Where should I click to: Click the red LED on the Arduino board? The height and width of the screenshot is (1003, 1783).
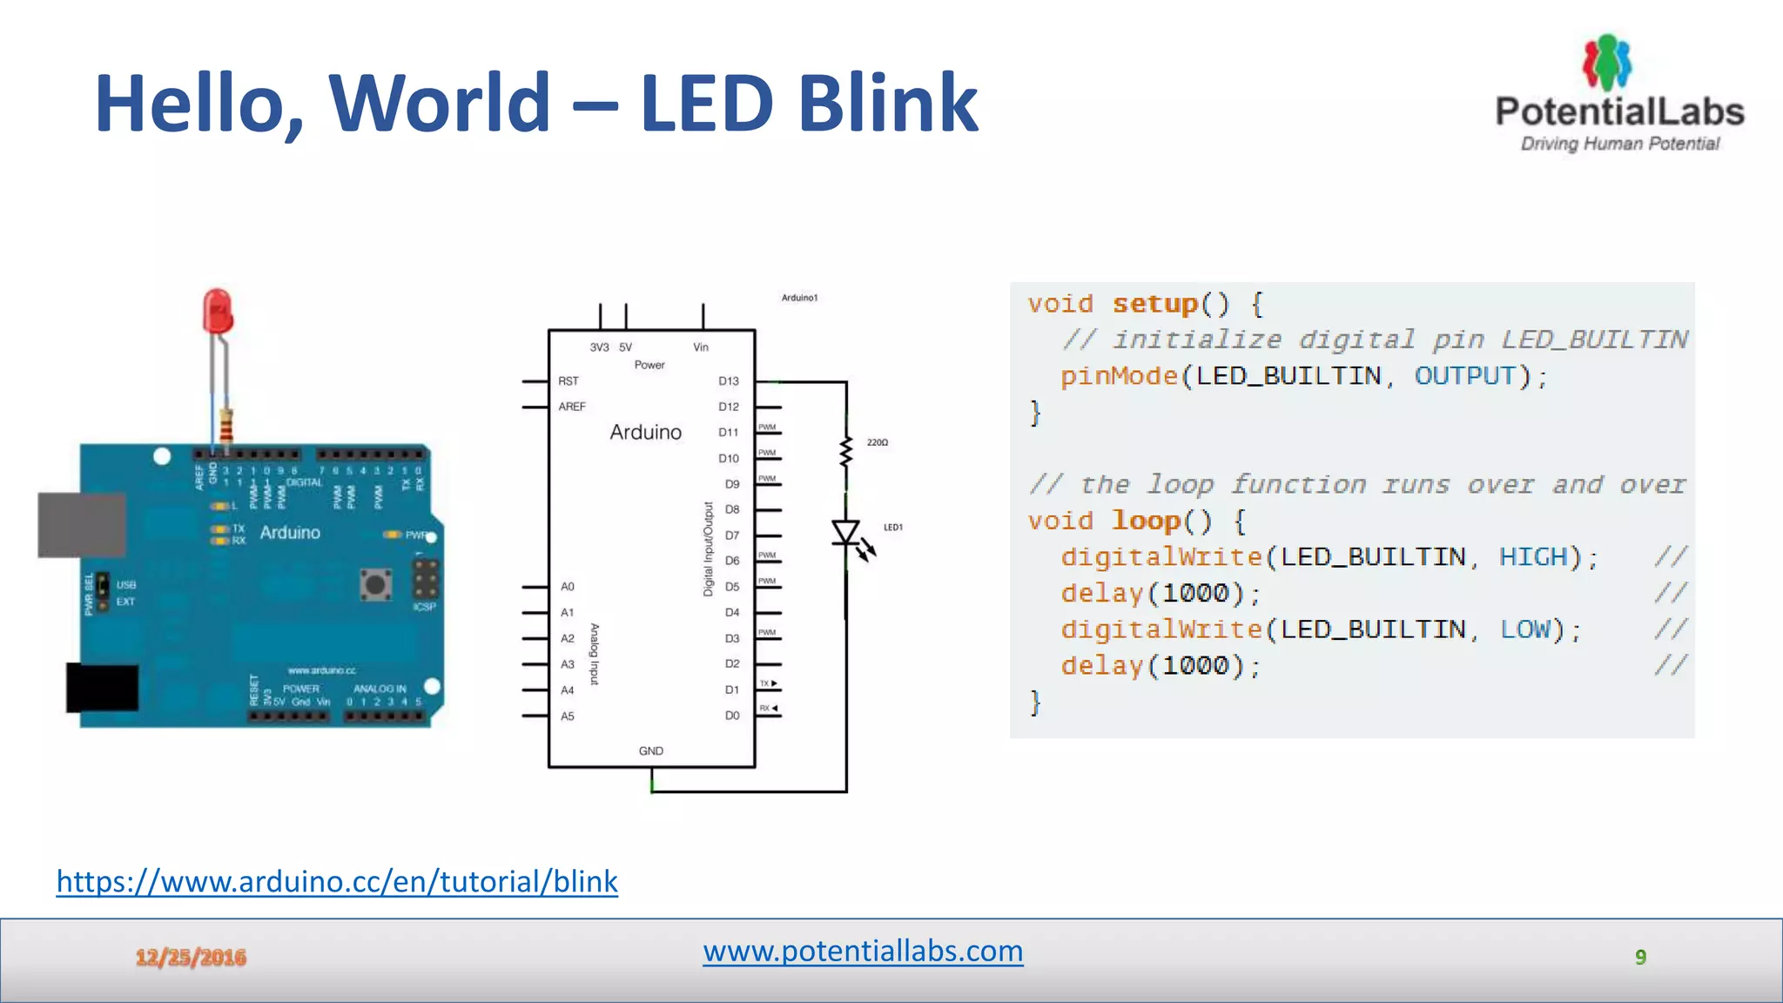click(218, 312)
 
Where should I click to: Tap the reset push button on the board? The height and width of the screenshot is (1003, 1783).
click(376, 584)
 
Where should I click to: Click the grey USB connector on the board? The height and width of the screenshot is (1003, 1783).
click(81, 525)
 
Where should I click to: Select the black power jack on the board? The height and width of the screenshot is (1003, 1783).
click(103, 688)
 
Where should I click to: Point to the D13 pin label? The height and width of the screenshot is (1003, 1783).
click(728, 381)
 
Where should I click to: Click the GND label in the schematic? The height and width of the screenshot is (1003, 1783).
click(650, 751)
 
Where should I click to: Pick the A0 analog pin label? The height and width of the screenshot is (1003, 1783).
click(567, 587)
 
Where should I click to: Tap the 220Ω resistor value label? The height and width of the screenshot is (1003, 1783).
click(877, 442)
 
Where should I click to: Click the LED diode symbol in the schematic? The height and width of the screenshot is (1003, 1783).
click(846, 532)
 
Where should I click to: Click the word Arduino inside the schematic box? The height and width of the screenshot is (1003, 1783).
click(645, 432)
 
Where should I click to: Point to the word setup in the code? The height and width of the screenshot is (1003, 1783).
click(1154, 304)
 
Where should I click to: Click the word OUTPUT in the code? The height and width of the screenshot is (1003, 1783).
click(1465, 376)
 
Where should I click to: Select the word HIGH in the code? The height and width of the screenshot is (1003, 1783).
click(1533, 557)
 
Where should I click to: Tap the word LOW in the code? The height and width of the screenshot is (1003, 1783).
click(1525, 629)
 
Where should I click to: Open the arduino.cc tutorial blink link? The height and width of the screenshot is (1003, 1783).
click(337, 881)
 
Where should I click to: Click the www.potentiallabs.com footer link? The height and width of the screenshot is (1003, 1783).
click(863, 951)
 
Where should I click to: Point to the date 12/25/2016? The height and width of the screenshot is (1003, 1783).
click(191, 958)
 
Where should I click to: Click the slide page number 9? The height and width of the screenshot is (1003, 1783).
click(1640, 958)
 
